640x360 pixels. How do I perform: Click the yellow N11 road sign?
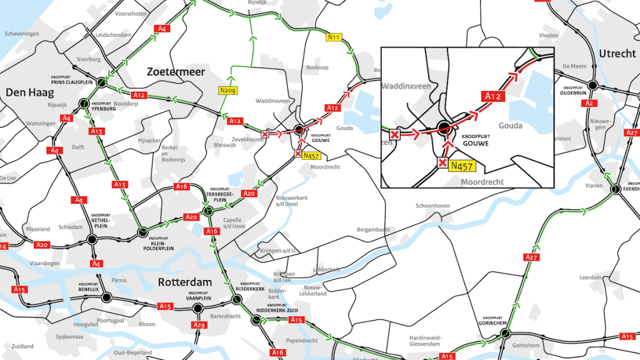pos(334,37)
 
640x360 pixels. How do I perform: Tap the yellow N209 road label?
pos(227,90)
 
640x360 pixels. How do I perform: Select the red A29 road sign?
pos(199,325)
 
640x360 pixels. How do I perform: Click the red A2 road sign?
pos(587,103)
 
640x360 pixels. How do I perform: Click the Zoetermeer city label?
pos(176,72)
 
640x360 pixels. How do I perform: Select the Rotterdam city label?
pos(184,282)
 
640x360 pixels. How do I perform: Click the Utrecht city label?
pos(617,54)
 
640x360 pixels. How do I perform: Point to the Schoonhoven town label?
pos(433,206)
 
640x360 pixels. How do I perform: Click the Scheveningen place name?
pos(21,33)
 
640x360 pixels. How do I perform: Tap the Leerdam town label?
pos(590,277)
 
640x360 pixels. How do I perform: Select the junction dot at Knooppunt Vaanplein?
pos(198,308)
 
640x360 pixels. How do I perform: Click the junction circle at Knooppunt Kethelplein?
pos(92,239)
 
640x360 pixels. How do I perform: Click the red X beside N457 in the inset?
pos(442,163)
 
